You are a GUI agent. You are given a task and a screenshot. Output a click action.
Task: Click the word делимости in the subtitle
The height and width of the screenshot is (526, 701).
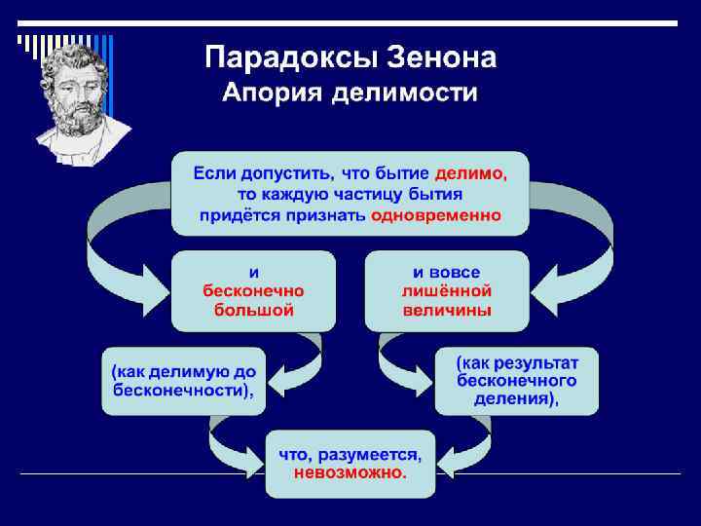pos(407,94)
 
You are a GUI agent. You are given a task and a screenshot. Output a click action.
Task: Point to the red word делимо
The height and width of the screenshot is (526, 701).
pos(470,173)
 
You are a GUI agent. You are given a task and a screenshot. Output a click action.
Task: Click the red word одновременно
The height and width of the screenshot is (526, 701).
pos(436,214)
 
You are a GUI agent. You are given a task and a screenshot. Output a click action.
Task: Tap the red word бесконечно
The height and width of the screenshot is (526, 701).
pos(253,290)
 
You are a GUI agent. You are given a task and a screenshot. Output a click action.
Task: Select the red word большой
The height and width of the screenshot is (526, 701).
pos(253,310)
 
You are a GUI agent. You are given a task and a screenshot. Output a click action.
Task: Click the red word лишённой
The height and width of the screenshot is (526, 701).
pos(447,290)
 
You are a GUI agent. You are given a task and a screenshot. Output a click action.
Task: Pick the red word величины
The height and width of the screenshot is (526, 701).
pos(447,310)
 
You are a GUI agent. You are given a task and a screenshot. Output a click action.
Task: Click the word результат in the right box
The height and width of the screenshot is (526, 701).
pos(537,361)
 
